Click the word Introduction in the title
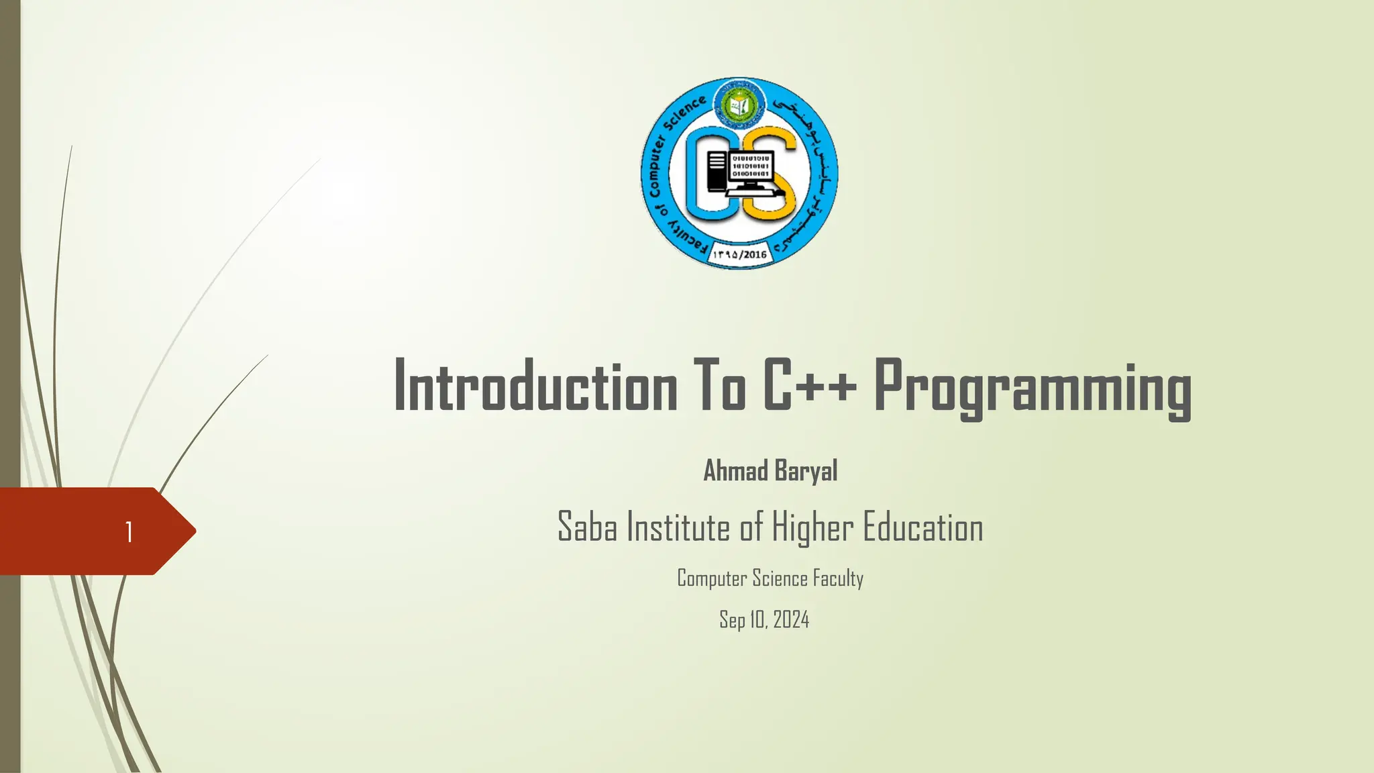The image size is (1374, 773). coord(535,387)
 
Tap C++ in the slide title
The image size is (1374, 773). coord(810,386)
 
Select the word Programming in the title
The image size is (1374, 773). coord(1033,389)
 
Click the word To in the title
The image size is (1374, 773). coord(720,386)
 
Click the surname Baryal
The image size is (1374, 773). coord(806,471)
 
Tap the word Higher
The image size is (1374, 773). coord(812,528)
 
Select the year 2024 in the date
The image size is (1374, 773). coord(791,619)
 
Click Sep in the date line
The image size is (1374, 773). coord(732,620)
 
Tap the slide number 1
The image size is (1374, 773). coord(129,532)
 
